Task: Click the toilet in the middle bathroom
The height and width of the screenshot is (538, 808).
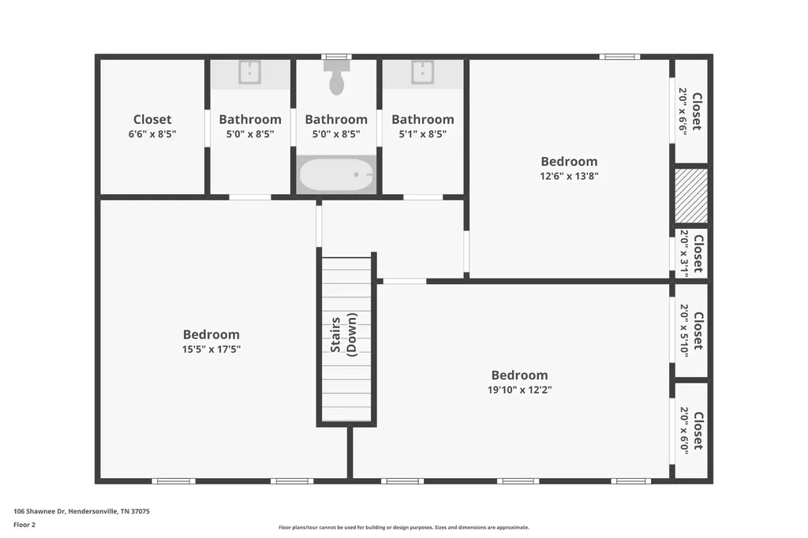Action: (x=336, y=77)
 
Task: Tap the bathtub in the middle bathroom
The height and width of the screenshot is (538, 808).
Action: (x=336, y=175)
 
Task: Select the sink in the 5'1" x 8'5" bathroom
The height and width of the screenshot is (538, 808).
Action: (x=423, y=72)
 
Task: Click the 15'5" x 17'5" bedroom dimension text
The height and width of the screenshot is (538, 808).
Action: (x=211, y=349)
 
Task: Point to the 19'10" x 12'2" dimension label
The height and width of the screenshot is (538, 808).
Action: (x=519, y=390)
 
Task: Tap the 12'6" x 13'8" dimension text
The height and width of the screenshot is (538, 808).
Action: (x=569, y=176)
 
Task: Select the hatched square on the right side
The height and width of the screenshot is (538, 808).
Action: (x=691, y=196)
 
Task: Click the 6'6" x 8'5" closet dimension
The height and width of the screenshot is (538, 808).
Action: (x=152, y=134)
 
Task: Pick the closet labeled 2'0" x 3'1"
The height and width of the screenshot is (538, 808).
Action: (x=691, y=253)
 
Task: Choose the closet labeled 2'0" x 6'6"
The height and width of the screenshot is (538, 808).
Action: (x=691, y=110)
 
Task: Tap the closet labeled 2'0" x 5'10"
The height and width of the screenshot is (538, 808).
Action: (x=691, y=331)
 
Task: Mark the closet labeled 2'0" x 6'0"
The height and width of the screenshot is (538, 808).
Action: (x=691, y=430)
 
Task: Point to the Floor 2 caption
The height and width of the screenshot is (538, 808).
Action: (x=24, y=525)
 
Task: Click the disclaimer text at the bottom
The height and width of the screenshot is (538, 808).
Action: (x=404, y=527)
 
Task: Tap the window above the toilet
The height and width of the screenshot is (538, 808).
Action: (x=336, y=57)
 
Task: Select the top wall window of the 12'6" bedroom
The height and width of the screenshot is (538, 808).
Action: (x=619, y=57)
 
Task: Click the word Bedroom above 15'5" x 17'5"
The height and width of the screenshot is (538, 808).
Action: (x=211, y=334)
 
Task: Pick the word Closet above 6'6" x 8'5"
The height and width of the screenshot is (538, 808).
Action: (x=152, y=120)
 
